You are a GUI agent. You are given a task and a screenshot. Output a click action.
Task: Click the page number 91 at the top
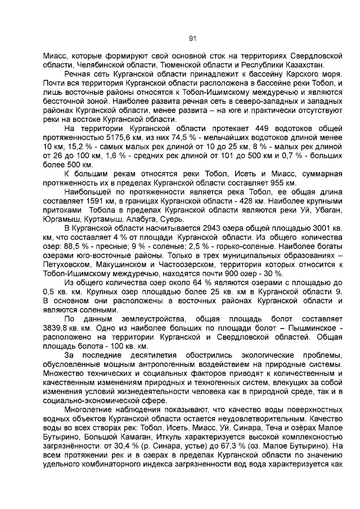tap(192, 38)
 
